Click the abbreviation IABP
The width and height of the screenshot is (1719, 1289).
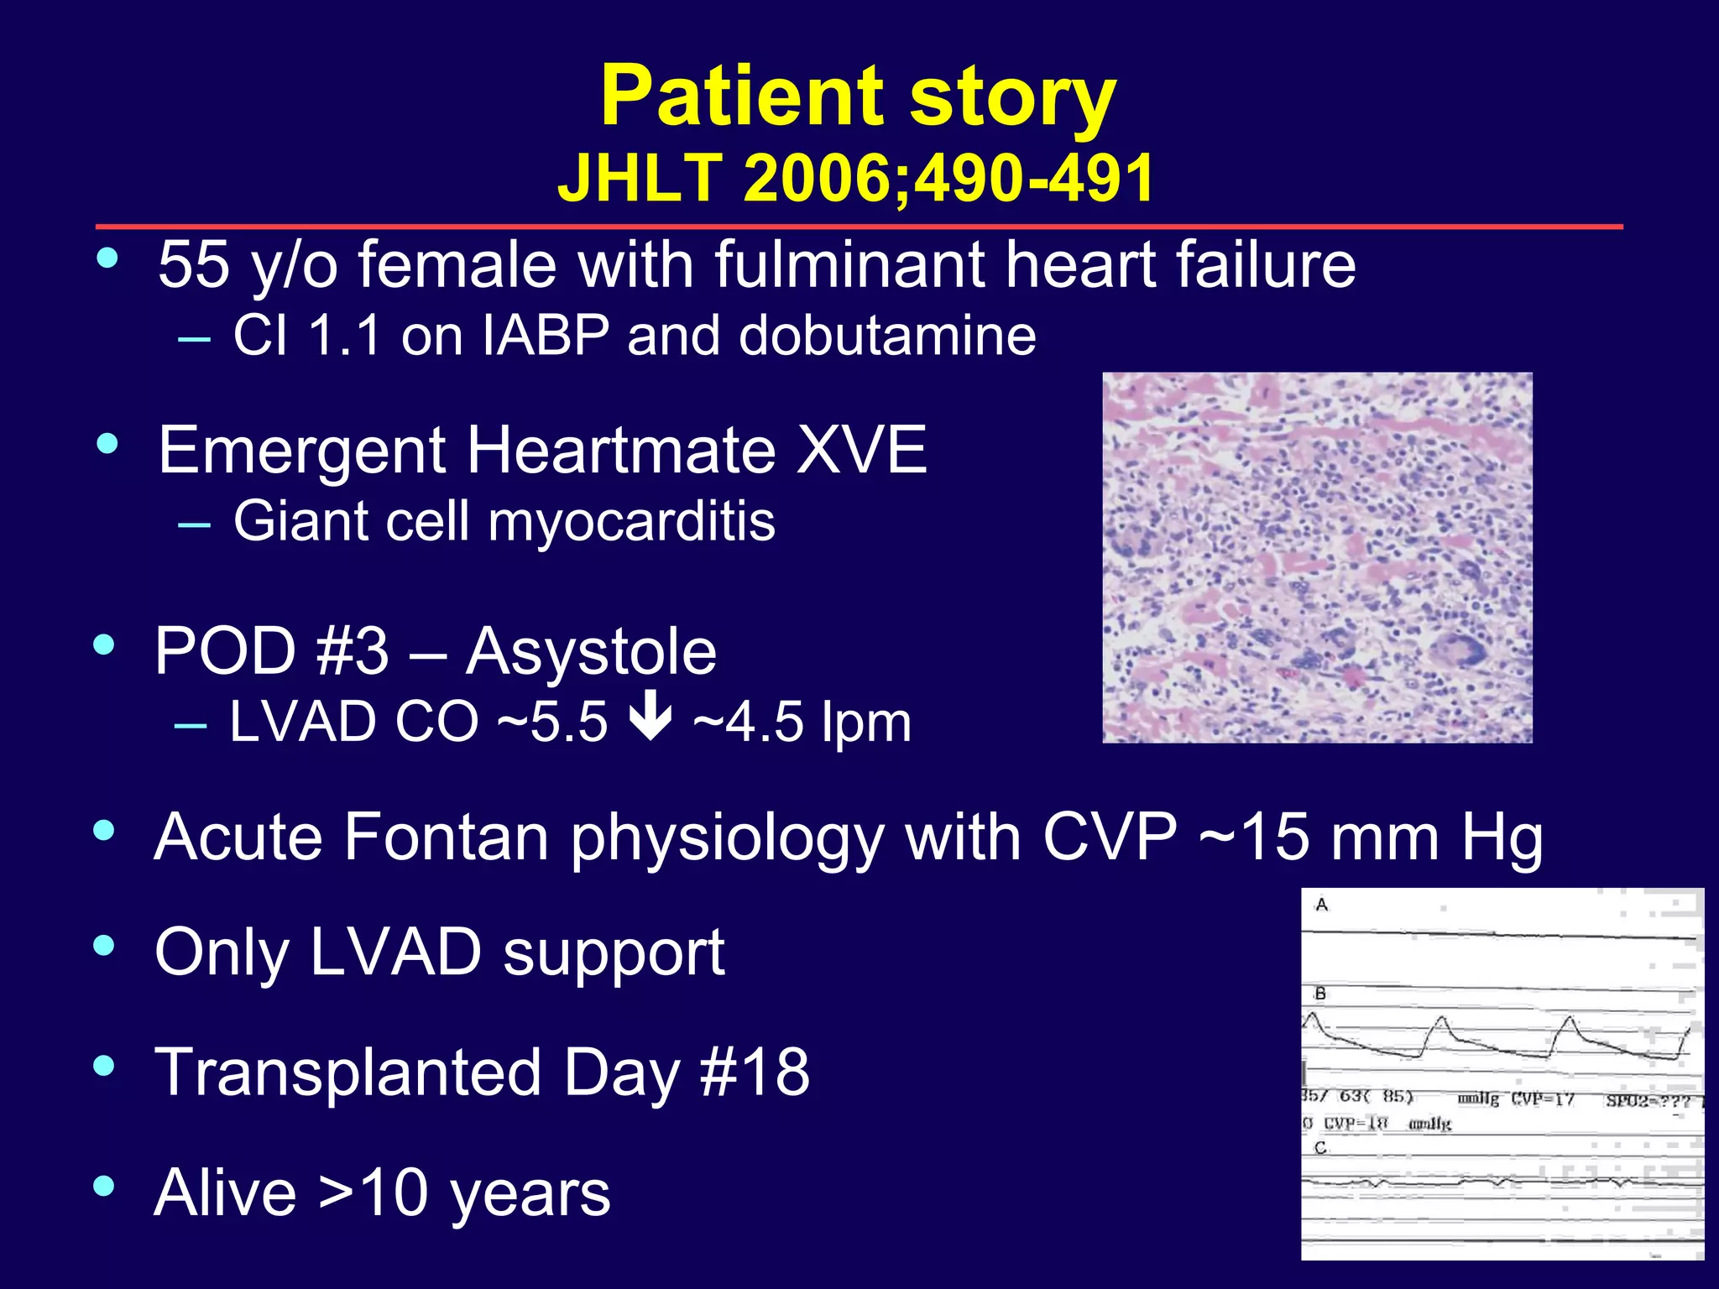(546, 336)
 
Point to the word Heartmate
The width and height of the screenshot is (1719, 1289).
(622, 451)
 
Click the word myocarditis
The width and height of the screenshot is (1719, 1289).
(631, 521)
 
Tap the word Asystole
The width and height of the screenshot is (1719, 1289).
(591, 651)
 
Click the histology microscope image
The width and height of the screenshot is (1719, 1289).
(1316, 557)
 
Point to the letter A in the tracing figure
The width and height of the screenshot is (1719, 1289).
(1322, 905)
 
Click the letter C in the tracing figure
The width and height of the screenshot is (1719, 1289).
(1320, 1147)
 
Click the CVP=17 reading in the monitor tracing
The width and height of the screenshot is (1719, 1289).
(1543, 1099)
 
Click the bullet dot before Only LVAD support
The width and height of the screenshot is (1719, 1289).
(104, 946)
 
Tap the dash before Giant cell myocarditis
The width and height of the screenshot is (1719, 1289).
(194, 524)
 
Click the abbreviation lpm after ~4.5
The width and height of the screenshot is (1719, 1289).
(866, 722)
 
